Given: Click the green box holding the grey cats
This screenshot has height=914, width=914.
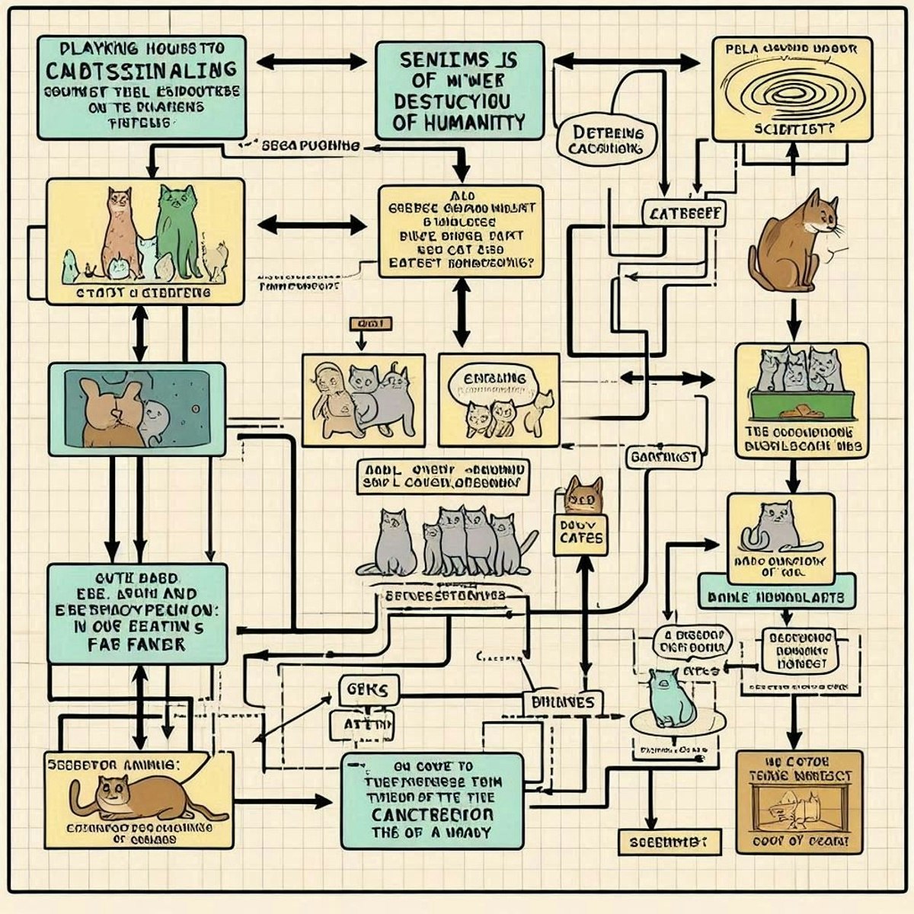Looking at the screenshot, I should (800, 404).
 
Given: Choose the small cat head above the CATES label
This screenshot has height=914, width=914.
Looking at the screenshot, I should (583, 495).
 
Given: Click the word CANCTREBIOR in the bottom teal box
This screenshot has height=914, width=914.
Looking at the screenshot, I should (433, 814).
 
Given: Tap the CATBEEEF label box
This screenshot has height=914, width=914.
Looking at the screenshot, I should (683, 215).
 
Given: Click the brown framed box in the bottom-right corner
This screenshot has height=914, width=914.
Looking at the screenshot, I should (799, 802).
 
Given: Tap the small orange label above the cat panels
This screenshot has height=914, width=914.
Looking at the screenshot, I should (371, 324).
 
